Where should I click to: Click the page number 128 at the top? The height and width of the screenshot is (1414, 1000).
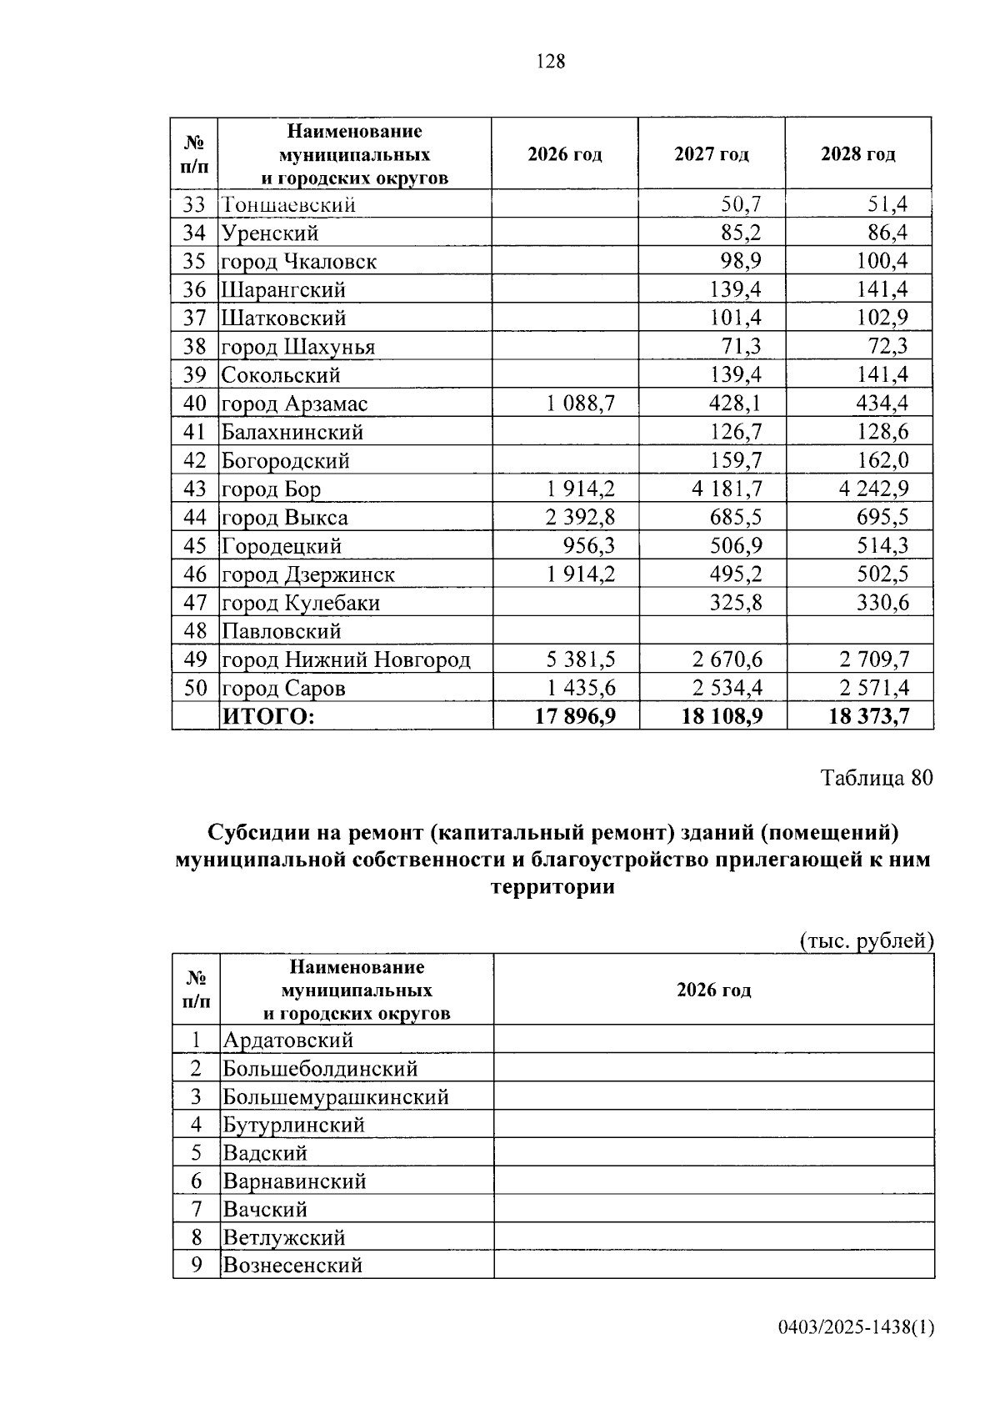click(x=551, y=61)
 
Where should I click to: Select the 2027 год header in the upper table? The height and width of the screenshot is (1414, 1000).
click(x=711, y=154)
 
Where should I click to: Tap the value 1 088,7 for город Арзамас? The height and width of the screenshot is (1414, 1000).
click(x=581, y=404)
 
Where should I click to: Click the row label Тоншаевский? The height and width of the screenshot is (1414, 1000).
click(x=288, y=204)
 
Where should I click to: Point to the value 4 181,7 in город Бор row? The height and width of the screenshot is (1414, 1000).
click(x=727, y=489)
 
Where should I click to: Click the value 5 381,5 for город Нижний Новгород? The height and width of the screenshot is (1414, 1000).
click(x=581, y=659)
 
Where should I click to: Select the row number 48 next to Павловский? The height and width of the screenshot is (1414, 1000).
click(x=195, y=631)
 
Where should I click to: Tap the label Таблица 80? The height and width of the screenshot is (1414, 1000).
click(x=877, y=778)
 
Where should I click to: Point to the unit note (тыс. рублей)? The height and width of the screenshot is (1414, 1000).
click(x=866, y=940)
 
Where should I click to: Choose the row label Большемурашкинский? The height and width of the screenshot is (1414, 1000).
click(x=336, y=1096)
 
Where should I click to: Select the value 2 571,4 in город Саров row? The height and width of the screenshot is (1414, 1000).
click(x=874, y=688)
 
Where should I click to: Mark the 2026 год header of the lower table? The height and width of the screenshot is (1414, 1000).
click(x=713, y=990)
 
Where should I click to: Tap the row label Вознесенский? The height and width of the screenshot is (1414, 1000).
click(x=292, y=1265)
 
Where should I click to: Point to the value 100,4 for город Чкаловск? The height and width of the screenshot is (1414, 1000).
click(x=882, y=261)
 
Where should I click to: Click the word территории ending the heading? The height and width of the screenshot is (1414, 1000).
click(x=552, y=887)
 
